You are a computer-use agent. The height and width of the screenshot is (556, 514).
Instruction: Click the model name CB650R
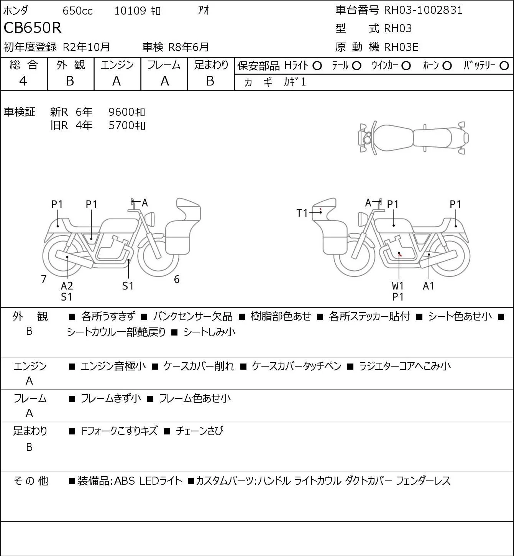click(x=33, y=28)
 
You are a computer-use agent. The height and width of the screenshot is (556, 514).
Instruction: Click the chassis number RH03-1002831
click(x=423, y=10)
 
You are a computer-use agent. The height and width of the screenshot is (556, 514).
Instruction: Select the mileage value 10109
click(x=130, y=11)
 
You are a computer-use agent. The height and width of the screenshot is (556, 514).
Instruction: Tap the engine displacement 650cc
click(x=77, y=11)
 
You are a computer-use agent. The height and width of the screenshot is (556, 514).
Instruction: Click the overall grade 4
click(x=23, y=81)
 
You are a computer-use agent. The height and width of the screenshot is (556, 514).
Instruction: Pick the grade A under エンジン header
click(x=117, y=81)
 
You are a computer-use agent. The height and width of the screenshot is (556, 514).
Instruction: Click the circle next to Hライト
click(x=317, y=66)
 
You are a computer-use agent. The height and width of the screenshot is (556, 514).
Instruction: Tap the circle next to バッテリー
click(x=504, y=66)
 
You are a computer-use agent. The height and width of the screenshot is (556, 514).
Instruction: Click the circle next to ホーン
click(x=447, y=66)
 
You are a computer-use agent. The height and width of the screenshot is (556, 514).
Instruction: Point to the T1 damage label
click(x=302, y=213)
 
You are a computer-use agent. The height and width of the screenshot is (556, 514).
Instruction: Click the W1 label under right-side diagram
click(x=397, y=286)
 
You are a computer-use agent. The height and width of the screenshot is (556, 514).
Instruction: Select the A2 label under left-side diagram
click(x=67, y=286)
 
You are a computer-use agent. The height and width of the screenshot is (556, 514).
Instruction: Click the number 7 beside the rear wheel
click(x=43, y=279)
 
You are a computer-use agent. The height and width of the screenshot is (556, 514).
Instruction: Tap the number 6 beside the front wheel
click(x=177, y=279)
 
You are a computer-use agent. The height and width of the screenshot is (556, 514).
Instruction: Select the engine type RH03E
click(x=401, y=47)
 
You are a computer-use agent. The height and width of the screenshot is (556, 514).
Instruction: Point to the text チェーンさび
click(x=200, y=431)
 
